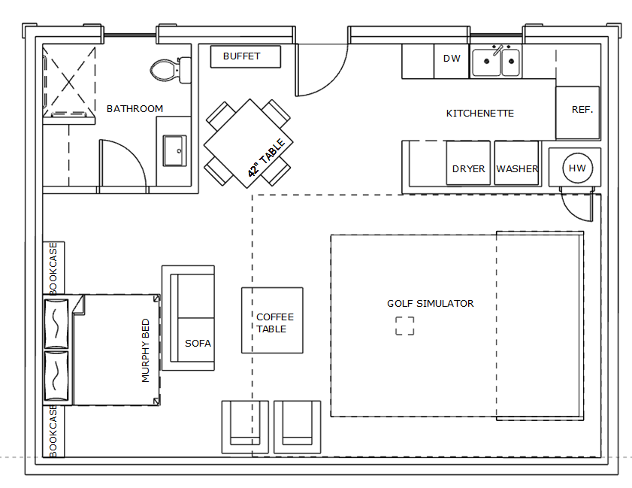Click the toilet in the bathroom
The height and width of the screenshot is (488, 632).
click(170, 70)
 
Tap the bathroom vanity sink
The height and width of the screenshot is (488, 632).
click(174, 151)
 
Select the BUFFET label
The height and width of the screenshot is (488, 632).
click(241, 56)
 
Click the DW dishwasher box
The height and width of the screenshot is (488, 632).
click(452, 61)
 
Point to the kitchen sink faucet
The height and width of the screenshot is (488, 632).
click(498, 50)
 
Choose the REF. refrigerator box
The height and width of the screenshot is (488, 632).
click(578, 113)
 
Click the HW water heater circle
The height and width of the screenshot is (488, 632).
click(578, 168)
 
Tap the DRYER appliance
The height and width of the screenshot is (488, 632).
click(468, 163)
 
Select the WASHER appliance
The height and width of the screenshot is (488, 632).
click(517, 163)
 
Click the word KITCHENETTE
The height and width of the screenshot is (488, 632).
click(479, 114)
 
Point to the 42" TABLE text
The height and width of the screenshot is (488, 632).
click(267, 158)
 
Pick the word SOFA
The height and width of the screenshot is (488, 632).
click(198, 343)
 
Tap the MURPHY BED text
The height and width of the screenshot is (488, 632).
click(146, 350)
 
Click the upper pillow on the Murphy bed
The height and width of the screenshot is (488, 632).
click(56, 323)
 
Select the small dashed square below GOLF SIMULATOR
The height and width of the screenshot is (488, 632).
click(404, 326)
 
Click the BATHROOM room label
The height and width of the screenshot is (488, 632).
click(135, 109)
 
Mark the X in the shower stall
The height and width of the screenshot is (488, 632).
click(69, 82)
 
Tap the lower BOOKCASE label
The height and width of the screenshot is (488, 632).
click(53, 431)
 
